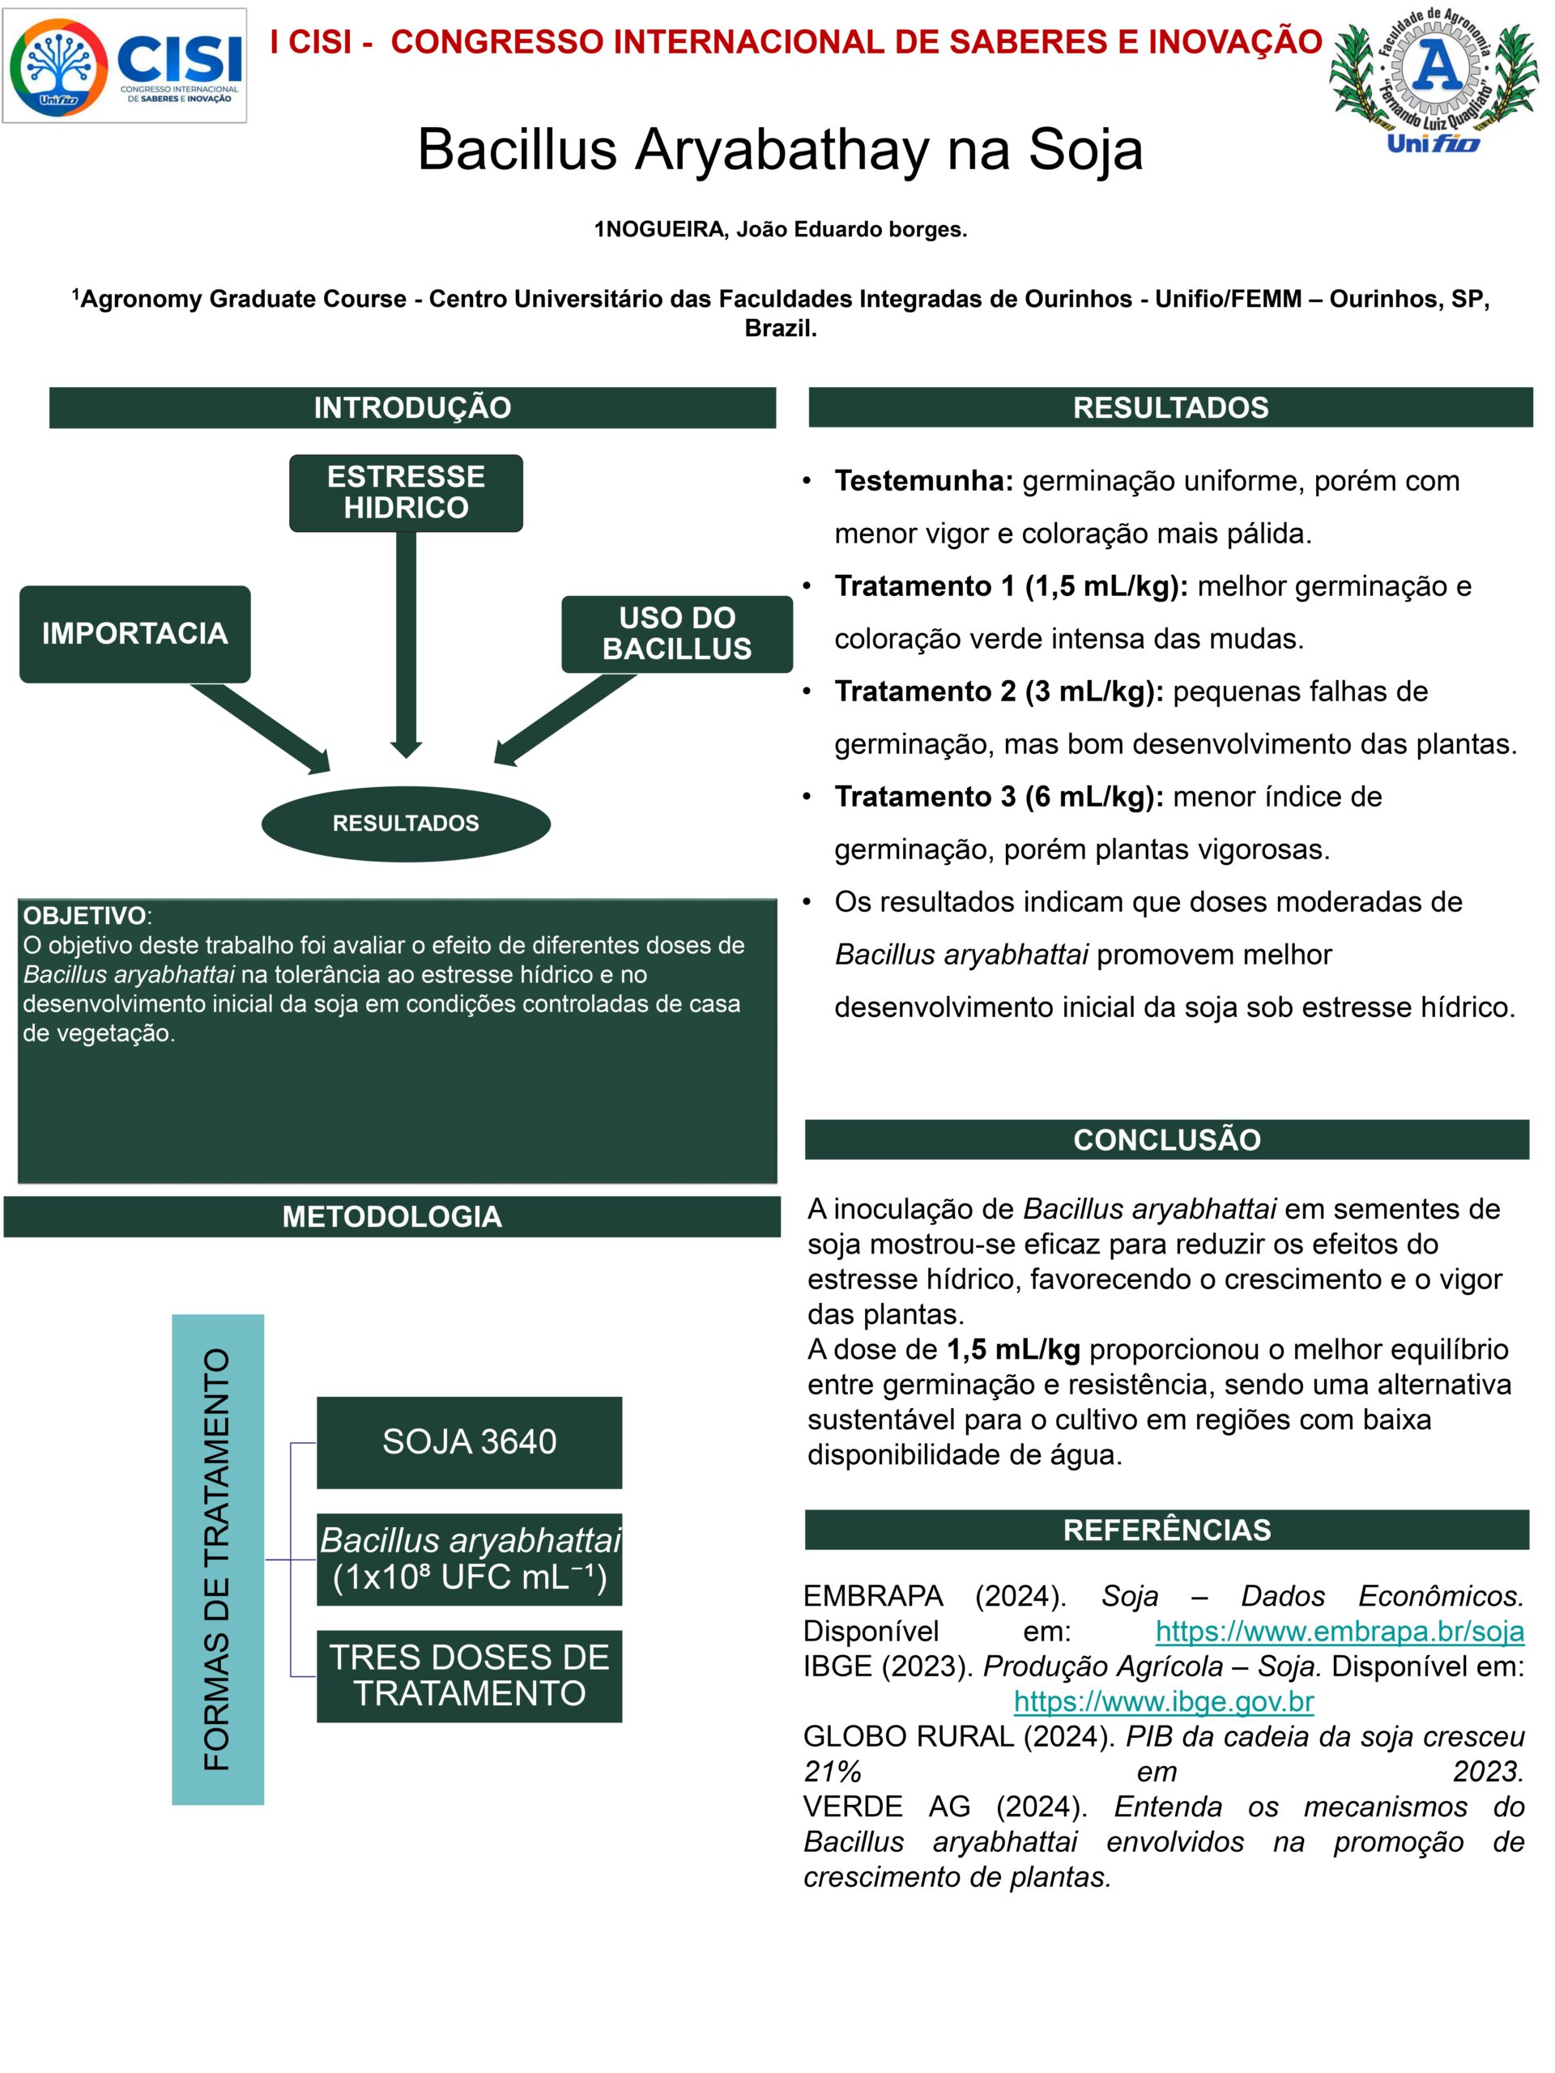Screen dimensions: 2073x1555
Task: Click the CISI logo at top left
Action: click(125, 66)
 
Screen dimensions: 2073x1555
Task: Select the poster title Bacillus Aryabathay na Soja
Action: click(780, 149)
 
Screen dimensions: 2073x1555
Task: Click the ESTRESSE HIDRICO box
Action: click(406, 493)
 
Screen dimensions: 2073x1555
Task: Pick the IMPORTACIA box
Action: click(135, 633)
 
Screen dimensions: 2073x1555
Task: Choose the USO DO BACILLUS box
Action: click(677, 633)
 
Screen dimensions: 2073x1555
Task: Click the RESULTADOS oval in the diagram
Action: click(406, 824)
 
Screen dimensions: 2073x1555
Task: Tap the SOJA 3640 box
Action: click(469, 1442)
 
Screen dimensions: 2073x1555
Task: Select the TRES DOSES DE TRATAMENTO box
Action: click(469, 1675)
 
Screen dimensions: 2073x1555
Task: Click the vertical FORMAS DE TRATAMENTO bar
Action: click(217, 1560)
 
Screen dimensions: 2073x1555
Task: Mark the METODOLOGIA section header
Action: click(392, 1216)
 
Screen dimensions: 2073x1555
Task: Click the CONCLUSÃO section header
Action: click(1167, 1139)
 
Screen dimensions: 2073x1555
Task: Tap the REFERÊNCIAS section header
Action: click(1167, 1530)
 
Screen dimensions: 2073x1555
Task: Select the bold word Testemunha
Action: click(923, 481)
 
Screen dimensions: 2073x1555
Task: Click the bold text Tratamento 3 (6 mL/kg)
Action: click(999, 797)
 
